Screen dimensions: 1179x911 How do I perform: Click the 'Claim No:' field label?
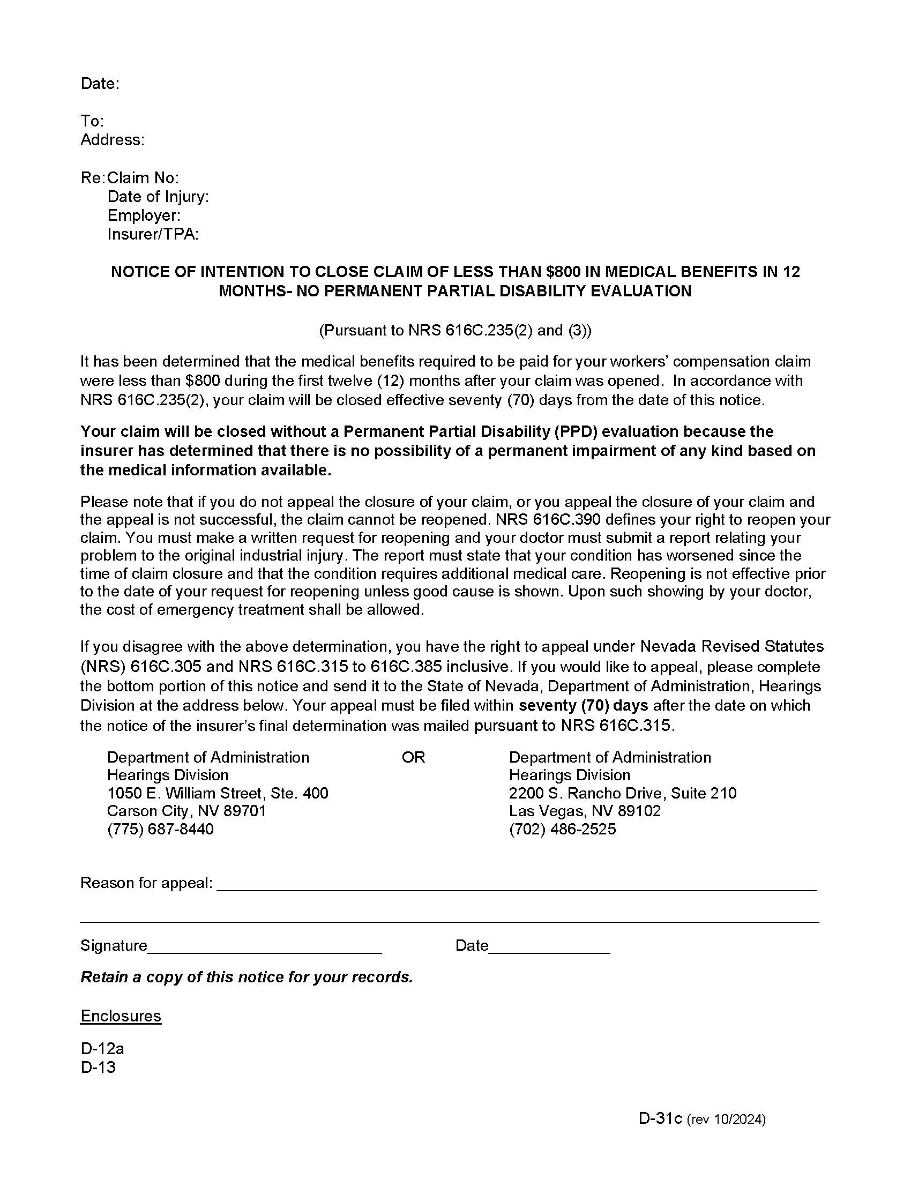[143, 177]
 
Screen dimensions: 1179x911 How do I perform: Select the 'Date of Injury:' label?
[158, 197]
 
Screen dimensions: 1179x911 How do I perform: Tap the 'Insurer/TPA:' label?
[153, 234]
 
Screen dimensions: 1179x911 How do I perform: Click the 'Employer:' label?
[144, 215]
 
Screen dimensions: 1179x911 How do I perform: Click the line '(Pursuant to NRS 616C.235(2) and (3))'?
[455, 330]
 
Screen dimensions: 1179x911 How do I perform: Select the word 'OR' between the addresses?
[413, 757]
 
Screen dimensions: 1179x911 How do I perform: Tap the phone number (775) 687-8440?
[160, 829]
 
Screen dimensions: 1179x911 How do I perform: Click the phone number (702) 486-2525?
[562, 829]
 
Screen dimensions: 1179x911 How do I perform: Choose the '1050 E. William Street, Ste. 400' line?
[218, 793]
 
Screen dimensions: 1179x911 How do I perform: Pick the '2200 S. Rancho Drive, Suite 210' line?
[622, 793]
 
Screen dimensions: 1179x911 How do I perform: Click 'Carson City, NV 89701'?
[186, 811]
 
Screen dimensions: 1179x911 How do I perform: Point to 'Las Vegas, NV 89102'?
[585, 811]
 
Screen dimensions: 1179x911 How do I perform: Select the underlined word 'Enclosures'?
[121, 1016]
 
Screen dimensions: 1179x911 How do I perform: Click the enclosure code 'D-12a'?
[102, 1049]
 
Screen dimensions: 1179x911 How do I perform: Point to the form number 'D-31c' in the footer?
[661, 1118]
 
